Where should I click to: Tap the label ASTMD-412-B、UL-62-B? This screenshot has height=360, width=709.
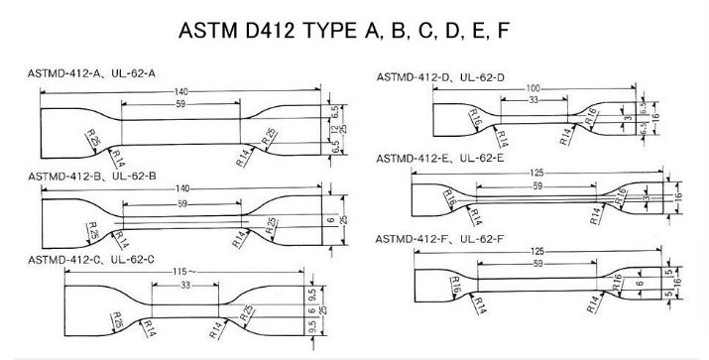[92, 176]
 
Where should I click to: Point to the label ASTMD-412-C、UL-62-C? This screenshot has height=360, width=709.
[92, 260]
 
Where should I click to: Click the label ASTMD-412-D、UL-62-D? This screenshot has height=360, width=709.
[440, 76]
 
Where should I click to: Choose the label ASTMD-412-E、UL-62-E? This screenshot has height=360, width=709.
[440, 159]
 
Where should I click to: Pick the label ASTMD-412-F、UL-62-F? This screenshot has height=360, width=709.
[440, 241]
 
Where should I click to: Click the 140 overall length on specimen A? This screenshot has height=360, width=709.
[180, 91]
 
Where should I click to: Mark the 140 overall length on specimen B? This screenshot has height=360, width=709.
[180, 189]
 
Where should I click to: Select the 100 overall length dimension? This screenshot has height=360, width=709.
[532, 89]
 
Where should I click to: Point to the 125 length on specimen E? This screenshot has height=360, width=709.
[536, 172]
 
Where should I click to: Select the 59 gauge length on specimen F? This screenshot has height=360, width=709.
[536, 264]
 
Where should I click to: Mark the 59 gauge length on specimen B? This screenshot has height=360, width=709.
[180, 203]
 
